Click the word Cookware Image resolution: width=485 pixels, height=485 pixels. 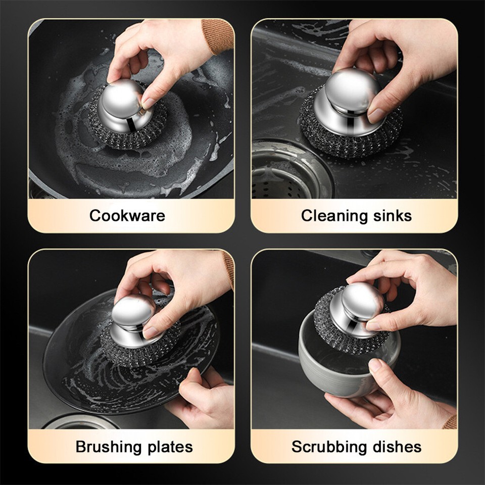click(x=127, y=216)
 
